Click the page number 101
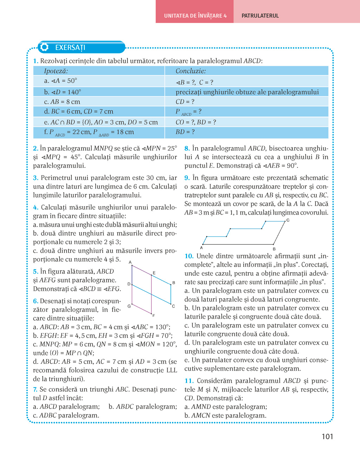click(x=327, y=436)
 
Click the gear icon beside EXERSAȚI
click(x=44, y=47)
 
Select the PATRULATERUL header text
click(x=260, y=16)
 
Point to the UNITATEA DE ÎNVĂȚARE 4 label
click(x=195, y=16)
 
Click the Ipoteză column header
click(x=56, y=71)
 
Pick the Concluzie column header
click(x=191, y=71)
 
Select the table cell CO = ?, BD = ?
click(x=196, y=122)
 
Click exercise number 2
click(x=36, y=149)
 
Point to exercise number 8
click(x=187, y=149)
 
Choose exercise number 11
click(x=189, y=381)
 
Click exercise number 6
click(x=36, y=301)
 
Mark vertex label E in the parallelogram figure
click(x=154, y=273)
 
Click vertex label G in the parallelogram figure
click(x=129, y=306)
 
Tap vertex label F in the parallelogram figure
click(x=154, y=316)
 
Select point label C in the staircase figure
click(x=288, y=220)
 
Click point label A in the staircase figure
click(x=201, y=248)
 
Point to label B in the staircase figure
click(x=274, y=249)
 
